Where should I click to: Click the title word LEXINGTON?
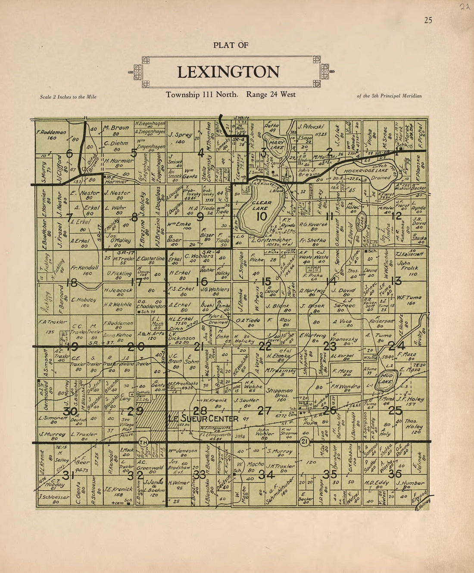(228, 72)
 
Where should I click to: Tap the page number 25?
(428, 20)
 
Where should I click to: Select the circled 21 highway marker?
(305, 442)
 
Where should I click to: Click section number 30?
(70, 412)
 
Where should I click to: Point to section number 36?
(395, 474)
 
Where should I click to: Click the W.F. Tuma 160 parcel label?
(406, 300)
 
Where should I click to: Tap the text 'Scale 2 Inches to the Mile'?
(68, 97)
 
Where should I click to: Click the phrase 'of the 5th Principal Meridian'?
(389, 96)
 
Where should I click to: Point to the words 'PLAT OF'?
(231, 45)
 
